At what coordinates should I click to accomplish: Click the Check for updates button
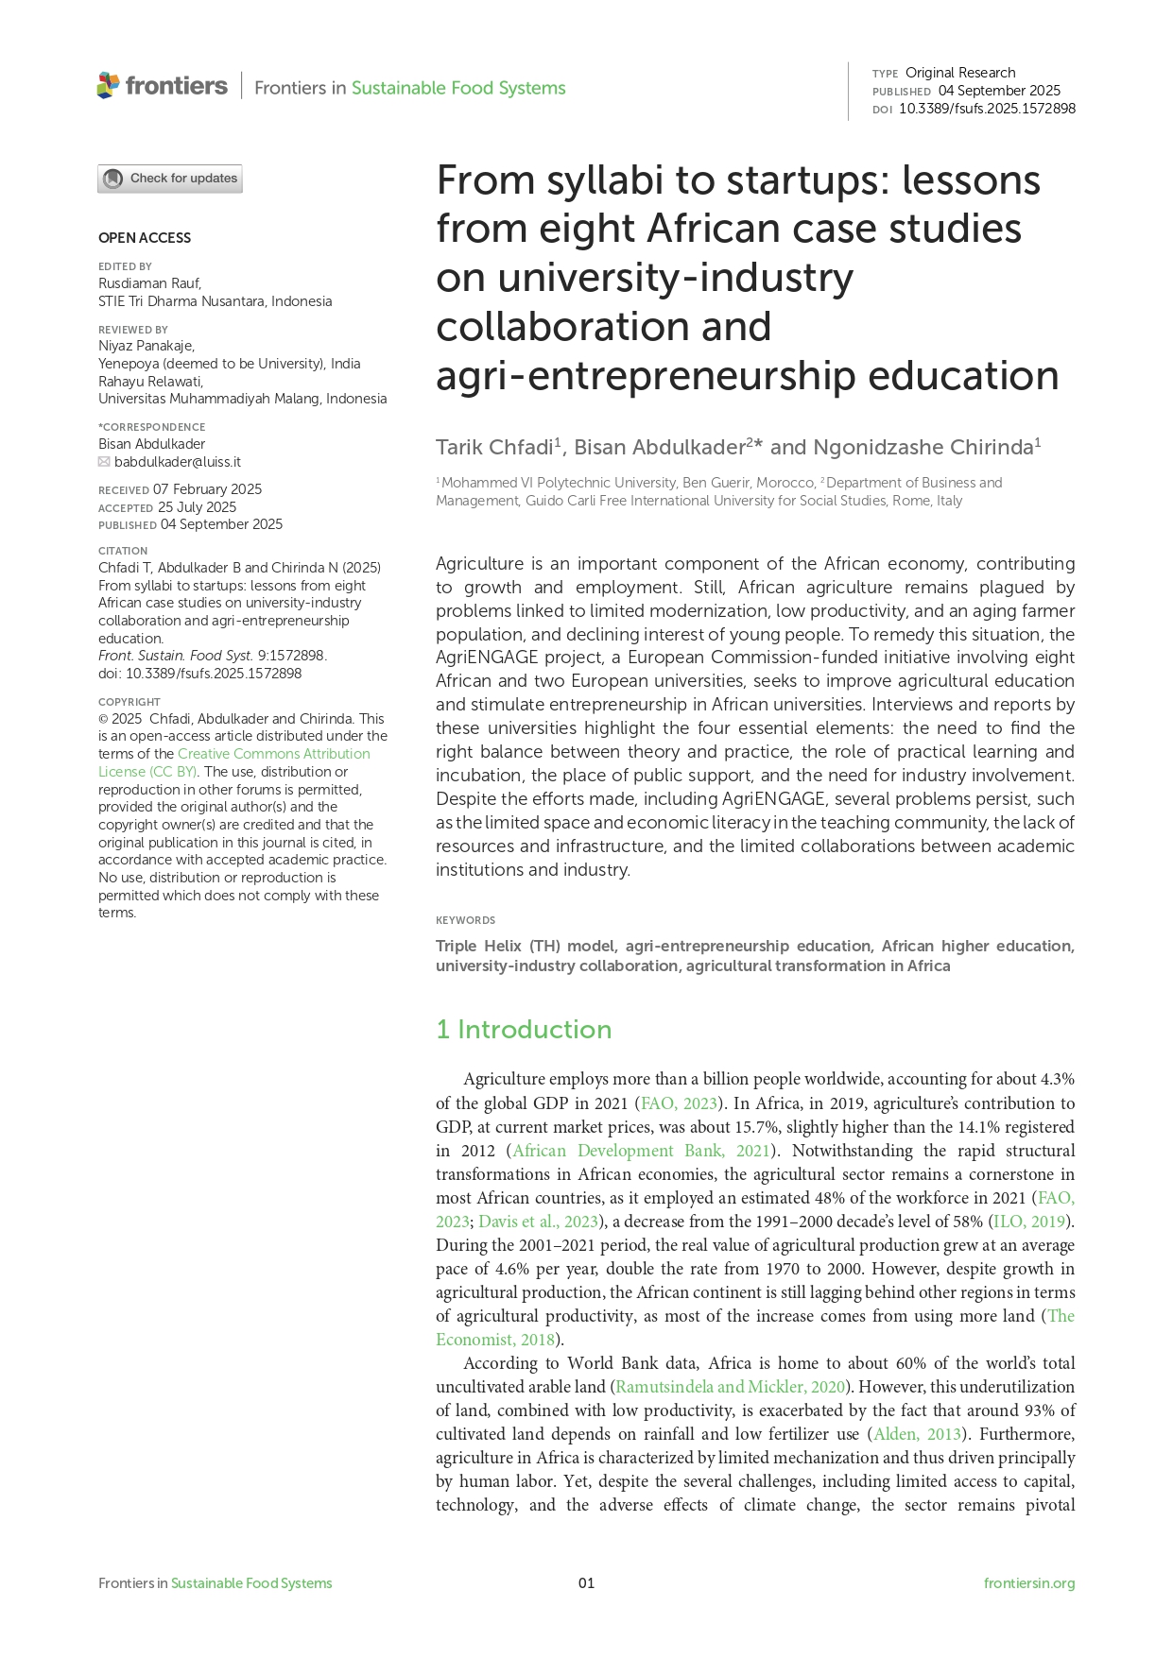[170, 179]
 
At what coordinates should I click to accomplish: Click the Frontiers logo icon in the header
[108, 86]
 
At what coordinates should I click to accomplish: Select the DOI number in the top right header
[987, 109]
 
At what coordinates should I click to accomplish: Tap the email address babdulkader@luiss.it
[178, 462]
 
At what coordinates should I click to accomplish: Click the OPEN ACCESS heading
[145, 238]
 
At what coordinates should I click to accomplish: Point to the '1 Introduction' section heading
[524, 1030]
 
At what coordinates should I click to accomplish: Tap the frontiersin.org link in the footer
[1029, 1583]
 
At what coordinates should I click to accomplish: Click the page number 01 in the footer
[586, 1583]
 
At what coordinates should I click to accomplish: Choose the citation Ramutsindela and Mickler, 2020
[730, 1387]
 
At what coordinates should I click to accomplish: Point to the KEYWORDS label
[465, 920]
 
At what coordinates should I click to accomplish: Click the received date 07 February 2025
[207, 489]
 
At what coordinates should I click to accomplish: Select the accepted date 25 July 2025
[197, 507]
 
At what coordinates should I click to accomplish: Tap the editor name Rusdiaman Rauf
[149, 283]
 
